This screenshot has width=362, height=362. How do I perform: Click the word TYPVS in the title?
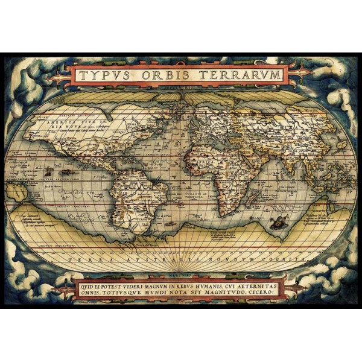click(x=103, y=75)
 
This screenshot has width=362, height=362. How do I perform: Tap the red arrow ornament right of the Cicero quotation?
click(x=300, y=289)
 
